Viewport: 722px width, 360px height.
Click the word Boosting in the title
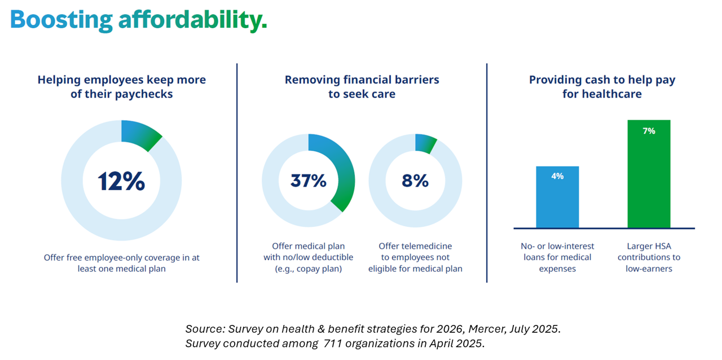click(x=61, y=20)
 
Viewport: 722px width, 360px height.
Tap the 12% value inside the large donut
click(x=121, y=181)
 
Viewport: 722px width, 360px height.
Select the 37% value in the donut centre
click(x=309, y=181)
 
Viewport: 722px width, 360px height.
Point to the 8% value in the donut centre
click(x=415, y=181)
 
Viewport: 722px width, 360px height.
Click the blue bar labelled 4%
click(x=557, y=197)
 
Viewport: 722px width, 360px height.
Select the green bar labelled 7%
click(x=649, y=174)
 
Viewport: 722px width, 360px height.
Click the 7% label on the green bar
click(x=649, y=131)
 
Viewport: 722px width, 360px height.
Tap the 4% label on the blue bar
click(x=557, y=176)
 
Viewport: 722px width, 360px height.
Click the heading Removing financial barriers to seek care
click(x=362, y=87)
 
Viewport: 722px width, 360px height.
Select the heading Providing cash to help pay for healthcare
click(x=602, y=87)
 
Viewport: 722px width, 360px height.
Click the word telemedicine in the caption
click(x=426, y=246)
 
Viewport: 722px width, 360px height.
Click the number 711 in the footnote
click(x=332, y=343)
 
